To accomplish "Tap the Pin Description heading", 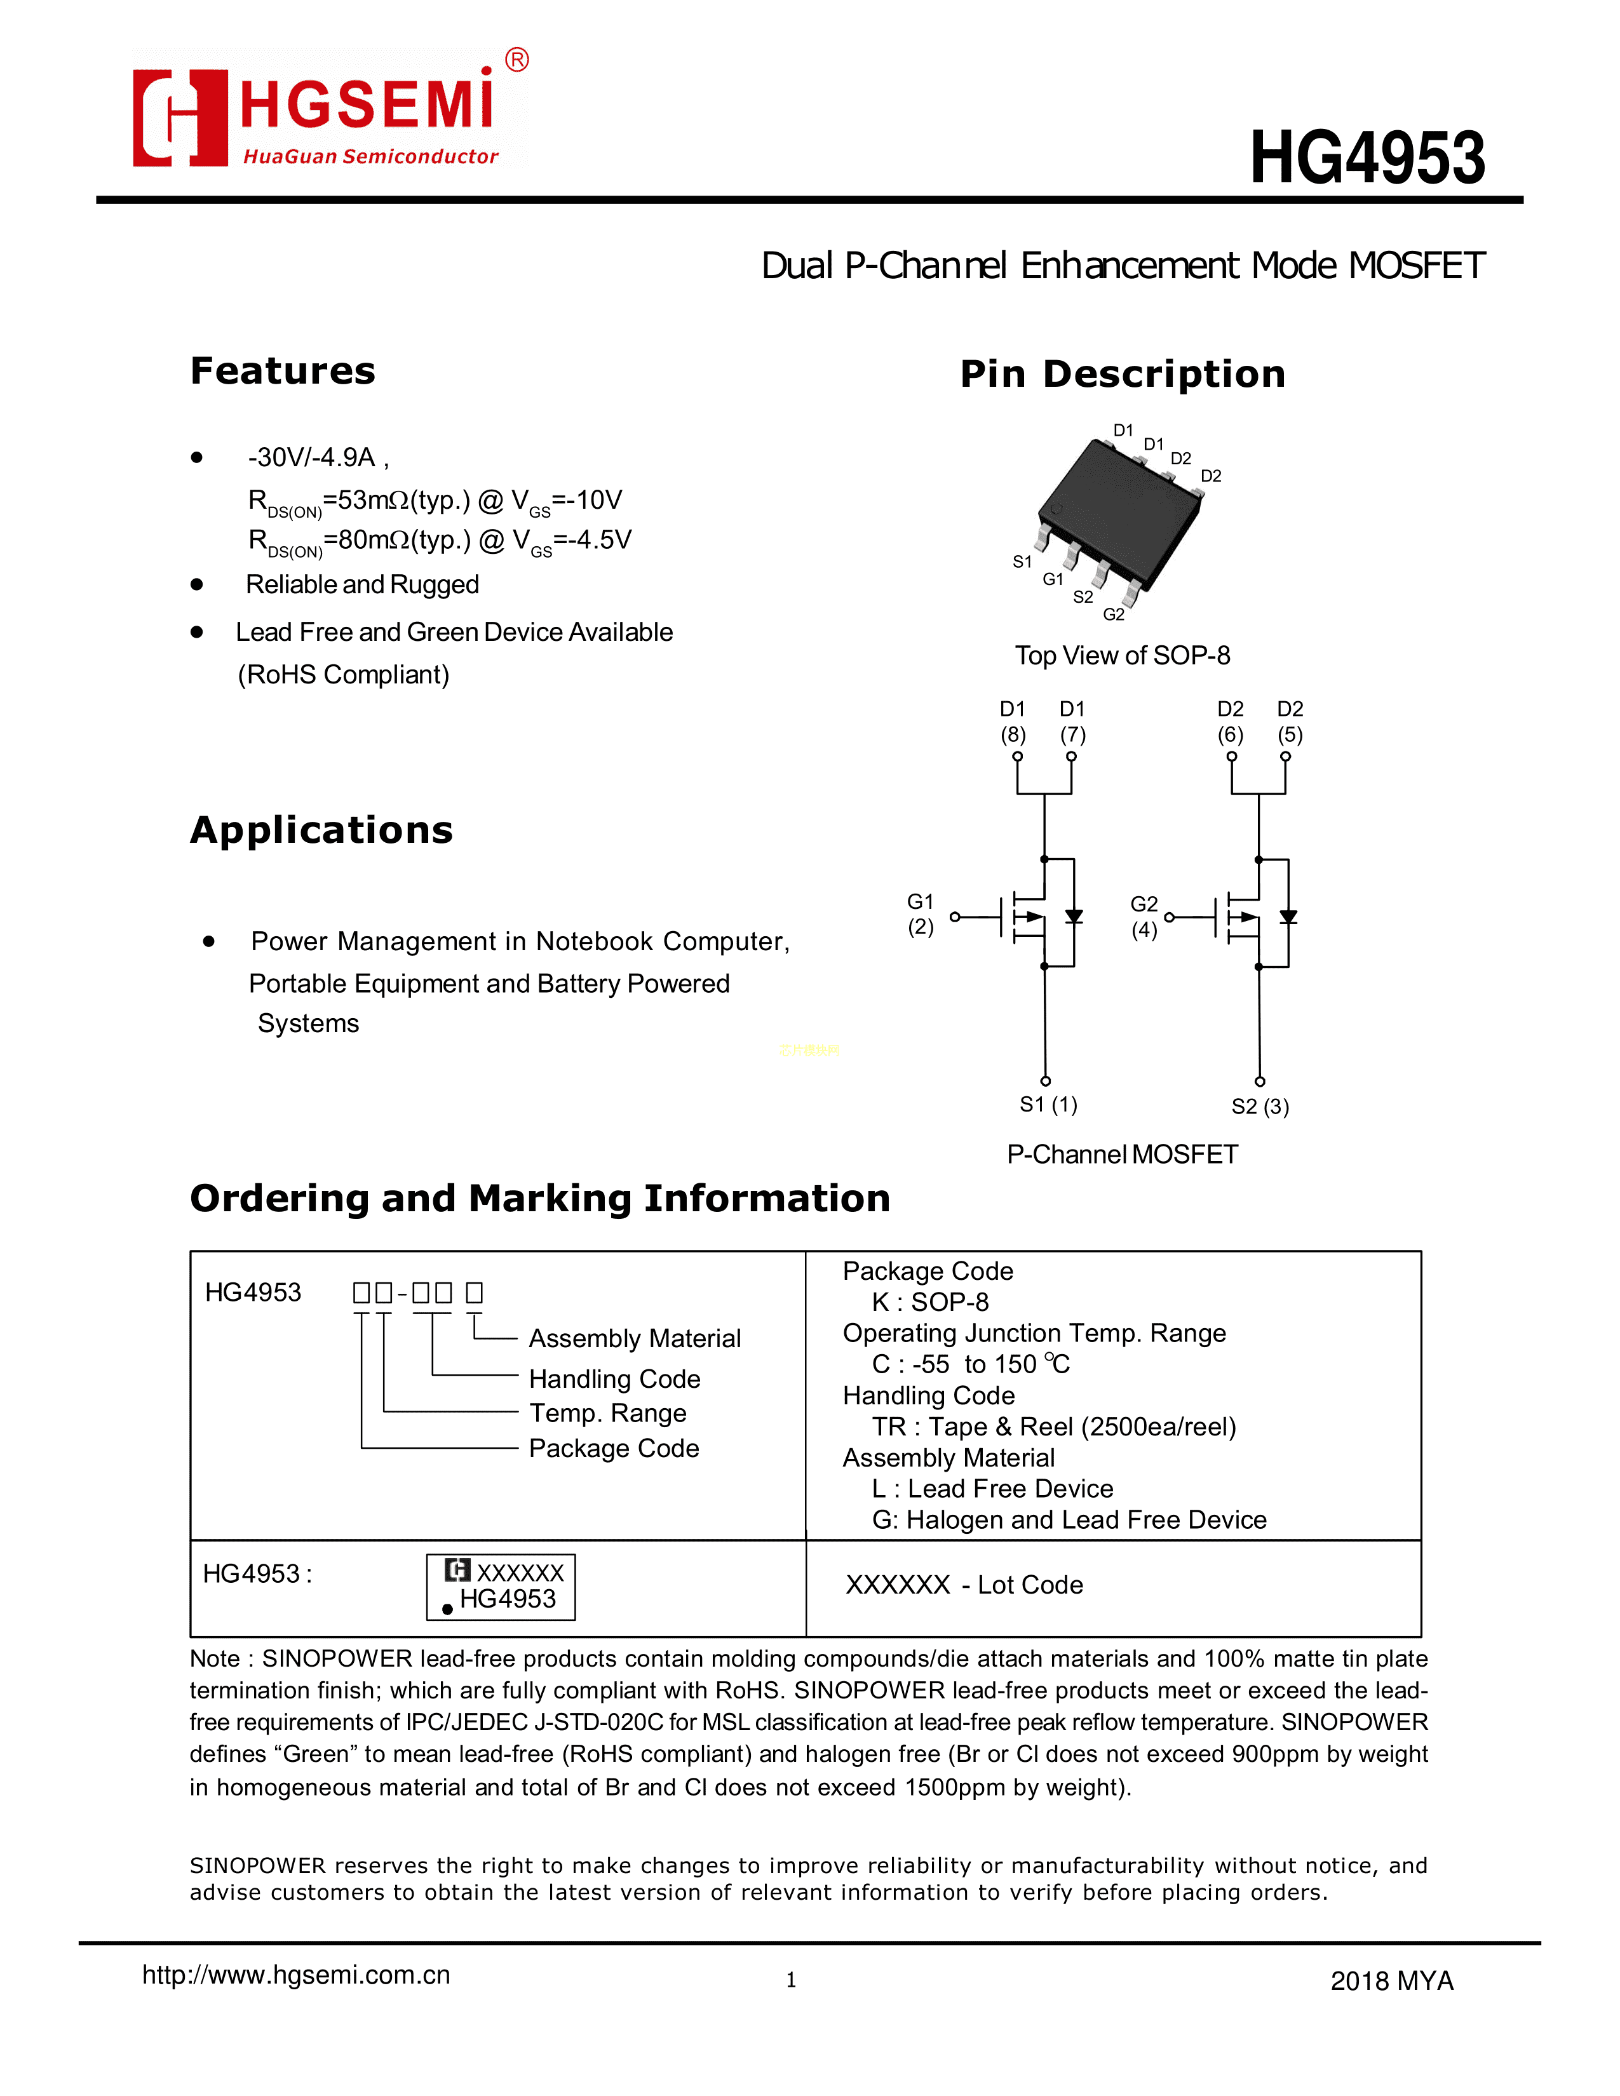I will pos(1122,373).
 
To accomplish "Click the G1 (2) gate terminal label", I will pos(921,913).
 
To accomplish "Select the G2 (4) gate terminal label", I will pos(1144,917).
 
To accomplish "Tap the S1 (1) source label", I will pos(1048,1105).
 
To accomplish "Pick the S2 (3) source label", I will pos(1260,1106).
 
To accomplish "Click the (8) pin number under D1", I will pos(1013,734).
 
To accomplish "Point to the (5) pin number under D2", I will pos(1290,734).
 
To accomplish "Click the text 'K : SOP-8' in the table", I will pos(929,1301).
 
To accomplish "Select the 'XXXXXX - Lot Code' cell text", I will pos(964,1585).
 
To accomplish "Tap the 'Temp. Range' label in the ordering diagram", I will pos(607,1413).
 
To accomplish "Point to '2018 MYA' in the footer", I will pos(1391,1981).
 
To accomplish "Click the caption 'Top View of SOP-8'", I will pos(1122,655).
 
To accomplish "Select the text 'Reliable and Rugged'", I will pos(362,584).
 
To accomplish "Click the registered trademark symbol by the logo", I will pos(516,60).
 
